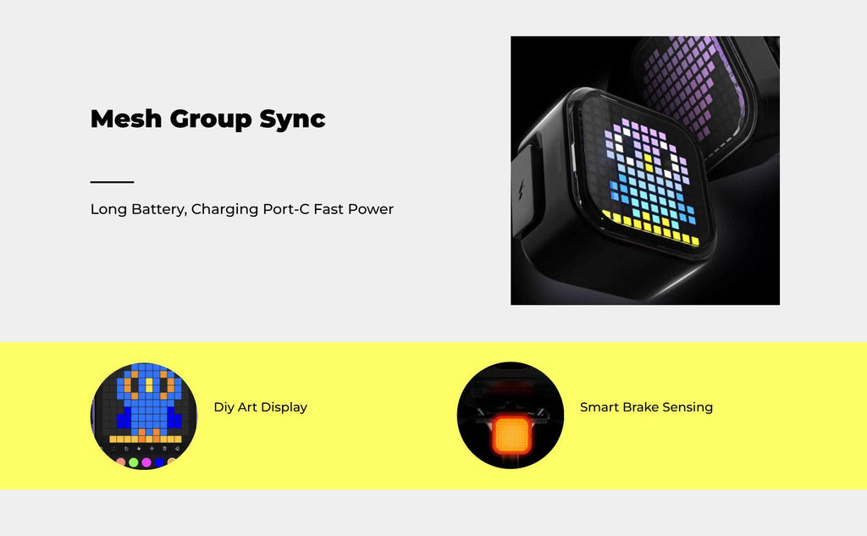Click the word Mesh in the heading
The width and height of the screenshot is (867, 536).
tap(126, 119)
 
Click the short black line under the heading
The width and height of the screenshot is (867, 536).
tap(113, 181)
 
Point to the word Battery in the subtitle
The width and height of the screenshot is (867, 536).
tap(159, 210)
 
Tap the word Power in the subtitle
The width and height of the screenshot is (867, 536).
tap(371, 209)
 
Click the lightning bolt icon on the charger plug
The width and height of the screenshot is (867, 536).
tap(521, 191)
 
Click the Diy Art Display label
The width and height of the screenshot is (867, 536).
tap(261, 407)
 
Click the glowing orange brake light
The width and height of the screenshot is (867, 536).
tap(511, 434)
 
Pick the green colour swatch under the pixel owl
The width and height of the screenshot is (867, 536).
tap(133, 462)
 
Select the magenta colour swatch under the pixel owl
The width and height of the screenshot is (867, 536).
tap(146, 462)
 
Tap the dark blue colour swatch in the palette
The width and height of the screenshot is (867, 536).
tap(159, 462)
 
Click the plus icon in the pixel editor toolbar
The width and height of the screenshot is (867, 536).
tap(152, 448)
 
